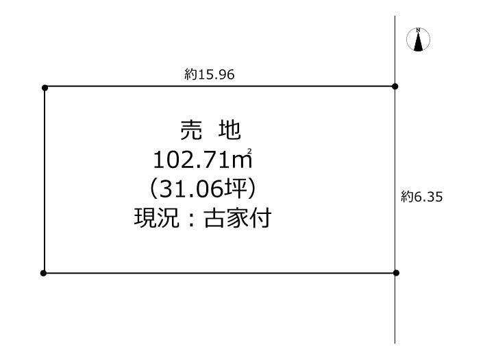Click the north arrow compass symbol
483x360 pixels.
[x=418, y=40]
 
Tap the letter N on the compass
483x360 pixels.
[x=418, y=30]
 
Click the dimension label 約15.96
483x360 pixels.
[x=210, y=75]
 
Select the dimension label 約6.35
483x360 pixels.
[x=422, y=197]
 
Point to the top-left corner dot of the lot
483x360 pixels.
[x=45, y=88]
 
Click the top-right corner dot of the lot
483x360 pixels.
[x=395, y=86]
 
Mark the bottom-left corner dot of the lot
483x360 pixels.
[x=43, y=273]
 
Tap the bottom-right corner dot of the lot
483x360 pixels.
[x=396, y=273]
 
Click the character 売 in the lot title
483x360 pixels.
[x=191, y=130]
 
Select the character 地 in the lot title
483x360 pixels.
[x=230, y=130]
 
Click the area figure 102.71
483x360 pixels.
[x=192, y=160]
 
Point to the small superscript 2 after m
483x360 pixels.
[x=249, y=151]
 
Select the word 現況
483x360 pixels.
[x=157, y=217]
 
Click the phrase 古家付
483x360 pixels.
[x=238, y=217]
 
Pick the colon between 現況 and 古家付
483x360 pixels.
[x=192, y=218]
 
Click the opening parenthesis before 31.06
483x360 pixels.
[x=153, y=189]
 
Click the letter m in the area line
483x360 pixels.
[x=242, y=161]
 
